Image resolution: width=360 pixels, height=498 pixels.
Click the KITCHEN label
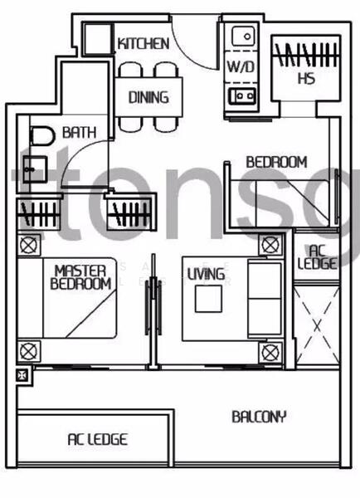144,43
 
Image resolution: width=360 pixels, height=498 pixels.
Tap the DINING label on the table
148,97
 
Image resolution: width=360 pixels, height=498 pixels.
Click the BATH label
78,132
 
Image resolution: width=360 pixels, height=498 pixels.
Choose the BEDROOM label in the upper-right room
276,162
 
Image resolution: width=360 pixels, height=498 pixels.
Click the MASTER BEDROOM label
80,276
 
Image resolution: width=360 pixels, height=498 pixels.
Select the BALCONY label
259,416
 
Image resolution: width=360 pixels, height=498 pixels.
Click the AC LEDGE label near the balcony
97,439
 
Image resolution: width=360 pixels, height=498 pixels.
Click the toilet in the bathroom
40,136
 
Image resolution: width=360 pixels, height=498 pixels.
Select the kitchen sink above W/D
243,37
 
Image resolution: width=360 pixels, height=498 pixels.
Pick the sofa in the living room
265,290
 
